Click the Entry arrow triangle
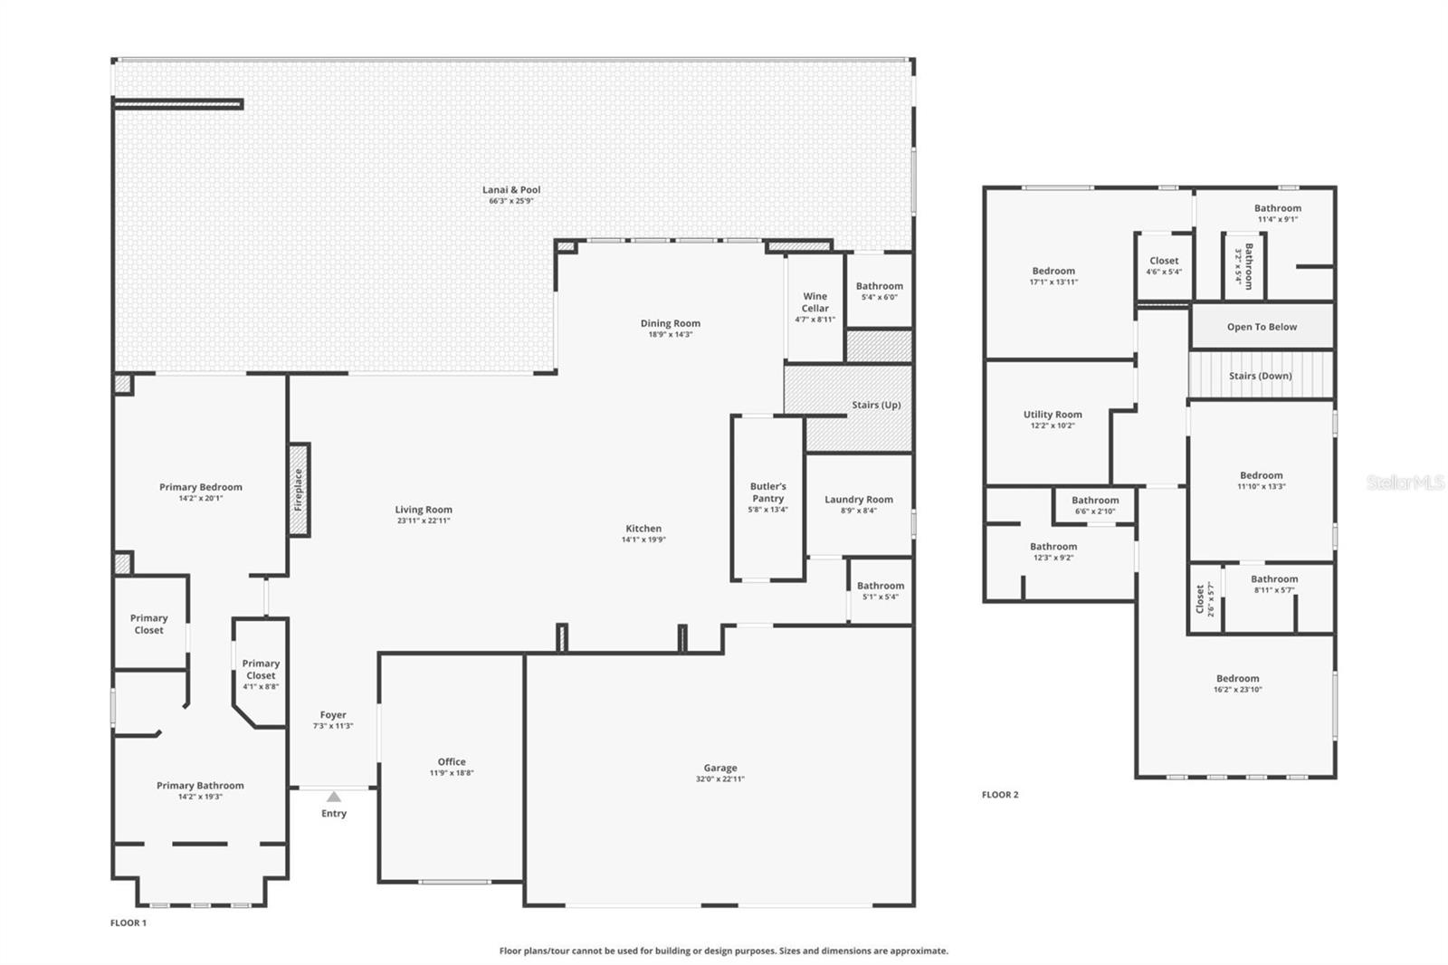pyautogui.click(x=334, y=797)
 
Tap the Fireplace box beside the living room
pyautogui.click(x=299, y=491)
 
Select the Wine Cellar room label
pyautogui.click(x=814, y=302)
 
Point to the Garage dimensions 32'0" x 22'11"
pyautogui.click(x=720, y=779)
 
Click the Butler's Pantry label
pyautogui.click(x=768, y=492)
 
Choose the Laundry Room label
pyautogui.click(x=859, y=500)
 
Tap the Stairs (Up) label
pyautogui.click(x=876, y=405)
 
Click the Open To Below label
pyautogui.click(x=1262, y=327)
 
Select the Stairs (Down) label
pyautogui.click(x=1261, y=376)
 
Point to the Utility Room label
pyautogui.click(x=1053, y=415)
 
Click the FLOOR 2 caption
pyautogui.click(x=1000, y=794)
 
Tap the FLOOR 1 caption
pyautogui.click(x=129, y=922)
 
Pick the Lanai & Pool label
pyautogui.click(x=511, y=189)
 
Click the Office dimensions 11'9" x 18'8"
pyautogui.click(x=452, y=772)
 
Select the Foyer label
pyautogui.click(x=333, y=714)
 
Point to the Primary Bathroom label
pyautogui.click(x=200, y=785)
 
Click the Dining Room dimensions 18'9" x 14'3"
pyautogui.click(x=671, y=334)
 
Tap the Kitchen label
pyautogui.click(x=643, y=529)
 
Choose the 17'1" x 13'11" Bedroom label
pyautogui.click(x=1053, y=271)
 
